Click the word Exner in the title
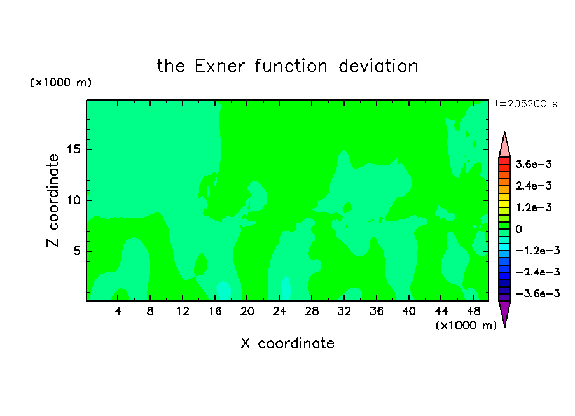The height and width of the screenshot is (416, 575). point(219,66)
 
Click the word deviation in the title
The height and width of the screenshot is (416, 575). point(378,66)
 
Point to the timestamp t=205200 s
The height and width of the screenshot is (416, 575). point(526,104)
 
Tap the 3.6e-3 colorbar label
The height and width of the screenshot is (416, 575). point(534,164)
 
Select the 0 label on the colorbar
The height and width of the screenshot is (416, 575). point(518,229)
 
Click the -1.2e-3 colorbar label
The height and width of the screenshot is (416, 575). point(537,251)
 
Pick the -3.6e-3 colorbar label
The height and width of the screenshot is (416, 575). point(537,293)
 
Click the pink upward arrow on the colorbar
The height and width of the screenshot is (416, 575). point(504,144)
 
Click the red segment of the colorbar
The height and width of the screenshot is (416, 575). point(504,161)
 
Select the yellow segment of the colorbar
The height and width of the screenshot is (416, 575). point(504,204)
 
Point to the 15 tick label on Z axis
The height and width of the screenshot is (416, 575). point(73,149)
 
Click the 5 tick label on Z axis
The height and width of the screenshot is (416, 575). point(76,251)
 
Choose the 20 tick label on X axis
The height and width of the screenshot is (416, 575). point(247,312)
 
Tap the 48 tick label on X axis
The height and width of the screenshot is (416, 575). point(473,312)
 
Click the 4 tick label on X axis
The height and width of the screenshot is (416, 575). point(118,312)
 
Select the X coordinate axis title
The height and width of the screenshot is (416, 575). point(287,343)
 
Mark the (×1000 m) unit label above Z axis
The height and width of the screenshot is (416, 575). point(60,82)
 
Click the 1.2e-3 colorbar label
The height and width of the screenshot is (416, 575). point(534,207)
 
